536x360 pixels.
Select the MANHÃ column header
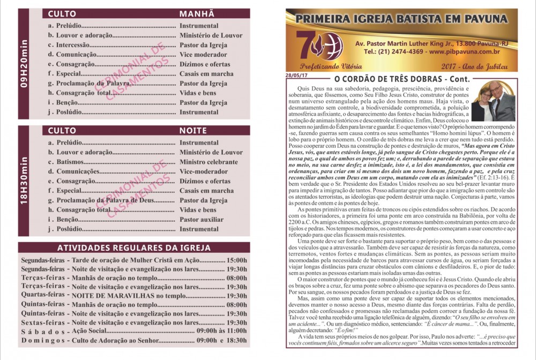[197, 14]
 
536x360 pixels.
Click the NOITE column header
[193, 131]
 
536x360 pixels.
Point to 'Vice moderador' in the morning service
[203, 55]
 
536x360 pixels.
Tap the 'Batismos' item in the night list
[73, 162]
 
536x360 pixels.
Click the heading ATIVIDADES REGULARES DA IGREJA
[133, 248]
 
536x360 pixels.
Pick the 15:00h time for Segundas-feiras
[237, 260]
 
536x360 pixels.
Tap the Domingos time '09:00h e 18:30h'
[222, 340]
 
